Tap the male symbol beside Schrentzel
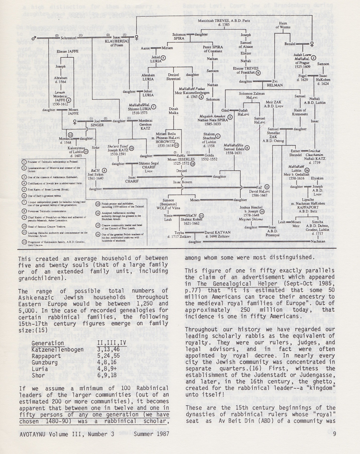tap(35, 37)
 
